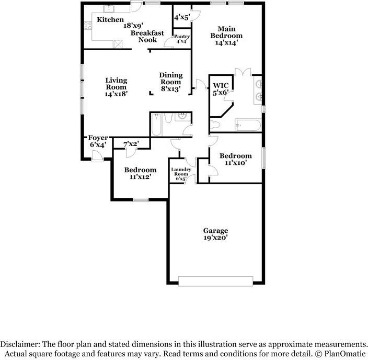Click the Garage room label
point(215,231)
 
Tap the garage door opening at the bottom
point(215,282)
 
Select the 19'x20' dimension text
point(215,238)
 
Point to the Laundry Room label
point(181,172)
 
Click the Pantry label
point(182,37)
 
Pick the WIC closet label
point(221,85)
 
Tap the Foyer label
point(98,138)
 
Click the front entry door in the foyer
point(97,156)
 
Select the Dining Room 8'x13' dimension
point(170,89)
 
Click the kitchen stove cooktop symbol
point(88,26)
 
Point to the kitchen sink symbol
point(109,9)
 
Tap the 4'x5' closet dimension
point(182,17)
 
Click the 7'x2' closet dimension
point(131,144)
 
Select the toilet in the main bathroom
point(214,125)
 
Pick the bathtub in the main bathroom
point(248,125)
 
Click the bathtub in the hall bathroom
point(156,125)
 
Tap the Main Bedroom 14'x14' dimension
point(227,43)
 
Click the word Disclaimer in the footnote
point(20,344)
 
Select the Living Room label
point(116,84)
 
